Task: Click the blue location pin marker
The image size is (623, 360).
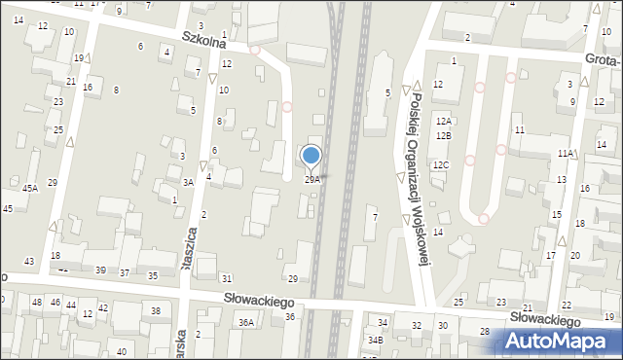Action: click(x=311, y=155)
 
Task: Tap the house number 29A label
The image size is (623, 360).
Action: click(x=311, y=179)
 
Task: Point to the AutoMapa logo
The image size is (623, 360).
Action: click(x=562, y=341)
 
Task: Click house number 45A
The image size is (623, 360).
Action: click(x=30, y=188)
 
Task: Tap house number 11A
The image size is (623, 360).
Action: click(x=566, y=154)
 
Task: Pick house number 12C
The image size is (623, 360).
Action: click(x=441, y=165)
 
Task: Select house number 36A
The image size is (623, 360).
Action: click(x=247, y=322)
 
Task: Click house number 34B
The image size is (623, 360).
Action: click(x=375, y=340)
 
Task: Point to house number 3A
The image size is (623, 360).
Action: click(x=188, y=182)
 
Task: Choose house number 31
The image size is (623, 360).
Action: click(x=227, y=279)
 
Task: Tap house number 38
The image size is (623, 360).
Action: click(x=155, y=310)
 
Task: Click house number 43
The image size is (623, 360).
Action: click(x=29, y=261)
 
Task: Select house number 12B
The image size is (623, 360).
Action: click(x=443, y=135)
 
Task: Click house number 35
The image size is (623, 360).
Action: click(x=153, y=275)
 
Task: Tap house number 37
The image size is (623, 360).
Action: click(x=124, y=272)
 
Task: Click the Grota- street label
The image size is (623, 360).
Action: click(x=605, y=60)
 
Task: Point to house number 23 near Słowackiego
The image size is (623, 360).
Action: click(x=501, y=305)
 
